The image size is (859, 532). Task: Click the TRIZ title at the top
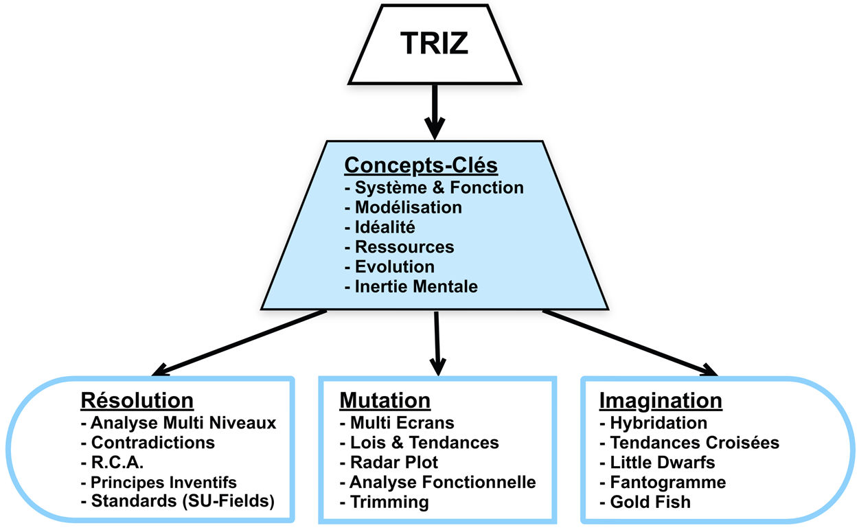click(434, 44)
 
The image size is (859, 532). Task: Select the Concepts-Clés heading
click(420, 165)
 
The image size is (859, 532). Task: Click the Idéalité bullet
click(385, 227)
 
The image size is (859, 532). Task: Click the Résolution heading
click(137, 400)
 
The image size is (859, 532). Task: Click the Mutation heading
click(385, 400)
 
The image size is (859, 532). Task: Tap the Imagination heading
click(661, 400)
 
